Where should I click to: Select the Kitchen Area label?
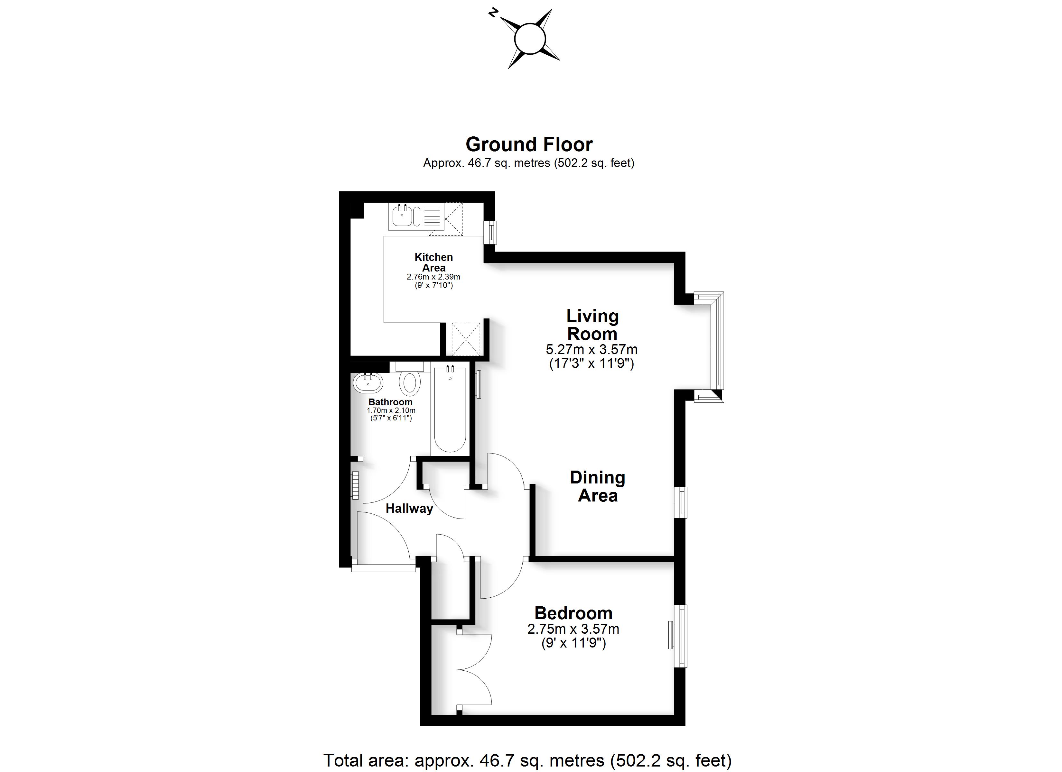coord(433,262)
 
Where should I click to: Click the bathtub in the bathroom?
coord(450,409)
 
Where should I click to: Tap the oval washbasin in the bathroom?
coord(368,382)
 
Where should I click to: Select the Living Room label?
coord(592,325)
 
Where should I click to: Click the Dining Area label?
coord(598,486)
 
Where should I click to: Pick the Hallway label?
coord(409,509)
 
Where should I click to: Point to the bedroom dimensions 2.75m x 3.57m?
coord(573,629)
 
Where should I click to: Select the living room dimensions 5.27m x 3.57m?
coord(592,349)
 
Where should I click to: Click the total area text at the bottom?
coord(527,760)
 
